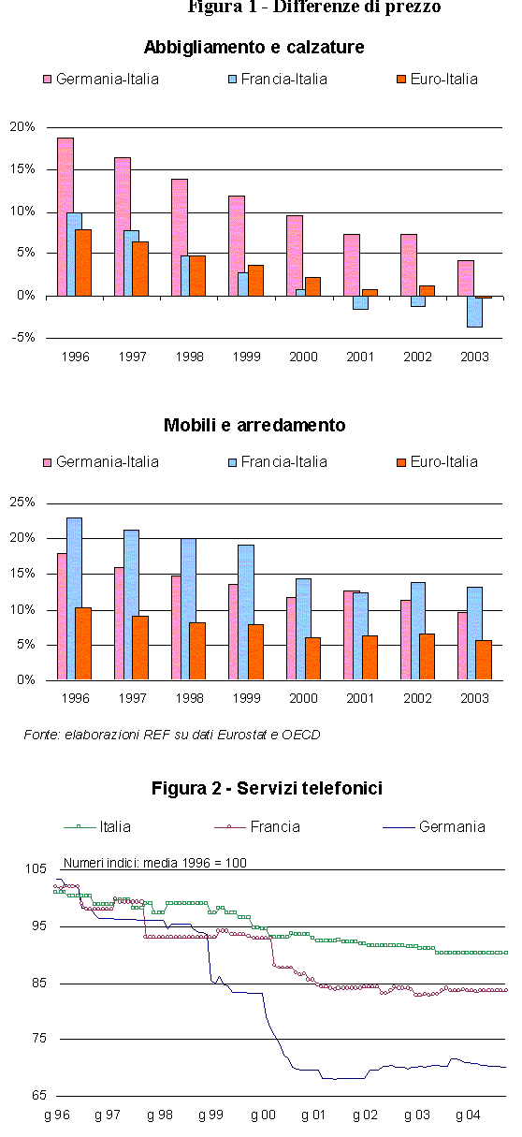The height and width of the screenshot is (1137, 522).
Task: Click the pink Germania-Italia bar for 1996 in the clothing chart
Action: [x=65, y=217]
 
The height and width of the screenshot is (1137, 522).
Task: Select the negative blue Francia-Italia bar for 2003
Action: [x=475, y=312]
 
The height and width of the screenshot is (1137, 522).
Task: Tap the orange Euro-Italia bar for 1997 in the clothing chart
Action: [x=140, y=269]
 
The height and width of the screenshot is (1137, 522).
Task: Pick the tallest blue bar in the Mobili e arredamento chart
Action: [x=75, y=599]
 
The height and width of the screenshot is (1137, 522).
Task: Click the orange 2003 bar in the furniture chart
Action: [x=484, y=660]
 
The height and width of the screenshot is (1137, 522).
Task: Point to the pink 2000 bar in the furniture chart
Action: [x=292, y=638]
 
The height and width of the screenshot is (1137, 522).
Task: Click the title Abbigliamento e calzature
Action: [x=254, y=47]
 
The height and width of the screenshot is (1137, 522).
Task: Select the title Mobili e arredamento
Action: [x=254, y=425]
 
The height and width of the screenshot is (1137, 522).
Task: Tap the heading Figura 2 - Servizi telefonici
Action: [x=267, y=788]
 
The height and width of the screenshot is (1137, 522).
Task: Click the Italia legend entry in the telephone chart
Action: [x=97, y=827]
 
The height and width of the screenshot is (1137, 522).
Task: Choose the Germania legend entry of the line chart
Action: [x=434, y=827]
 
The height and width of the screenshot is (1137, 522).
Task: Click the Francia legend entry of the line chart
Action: [x=257, y=827]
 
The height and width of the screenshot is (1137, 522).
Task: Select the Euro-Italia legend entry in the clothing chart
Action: [x=437, y=80]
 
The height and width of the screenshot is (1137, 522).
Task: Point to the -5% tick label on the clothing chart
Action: [x=22, y=338]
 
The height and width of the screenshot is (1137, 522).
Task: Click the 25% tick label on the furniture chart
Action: [x=22, y=502]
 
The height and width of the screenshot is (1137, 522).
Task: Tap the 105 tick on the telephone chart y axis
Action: [x=36, y=868]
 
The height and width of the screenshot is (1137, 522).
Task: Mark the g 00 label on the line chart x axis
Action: [x=263, y=1115]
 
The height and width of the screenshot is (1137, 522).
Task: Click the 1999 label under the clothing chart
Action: [x=247, y=357]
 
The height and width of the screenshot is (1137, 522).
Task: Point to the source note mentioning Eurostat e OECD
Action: [x=172, y=735]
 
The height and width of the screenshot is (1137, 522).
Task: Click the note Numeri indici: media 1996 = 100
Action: [x=155, y=863]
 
